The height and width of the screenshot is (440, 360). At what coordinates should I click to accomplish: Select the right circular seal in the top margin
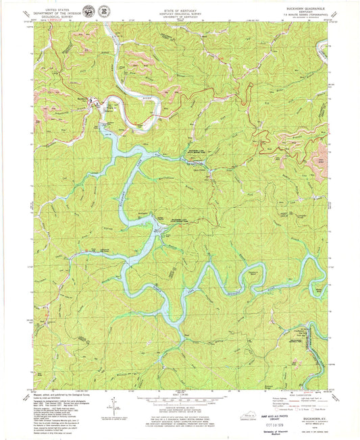pos(103,11)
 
